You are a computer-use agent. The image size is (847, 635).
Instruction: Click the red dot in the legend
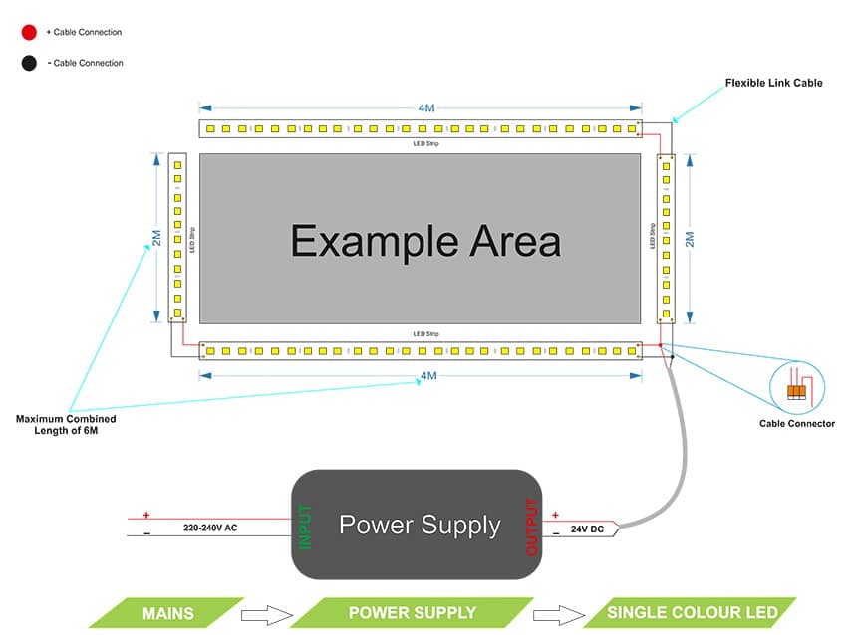coord(29,32)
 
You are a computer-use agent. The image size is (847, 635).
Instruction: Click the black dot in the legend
coord(29,63)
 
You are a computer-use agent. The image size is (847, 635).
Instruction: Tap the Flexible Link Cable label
coord(773,83)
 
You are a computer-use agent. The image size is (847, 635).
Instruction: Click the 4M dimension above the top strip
coord(426,107)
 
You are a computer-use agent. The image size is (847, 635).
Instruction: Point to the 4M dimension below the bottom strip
coord(426,376)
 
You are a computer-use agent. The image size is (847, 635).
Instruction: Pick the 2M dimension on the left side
coord(156,238)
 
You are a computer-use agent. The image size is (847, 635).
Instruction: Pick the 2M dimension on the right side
coord(689,239)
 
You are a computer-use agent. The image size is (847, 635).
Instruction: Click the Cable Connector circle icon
coord(797,384)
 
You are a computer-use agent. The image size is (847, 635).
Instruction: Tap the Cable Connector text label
coord(797,424)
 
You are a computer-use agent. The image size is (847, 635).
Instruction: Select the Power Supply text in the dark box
coord(420,525)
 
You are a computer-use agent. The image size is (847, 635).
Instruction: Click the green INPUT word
coord(306,527)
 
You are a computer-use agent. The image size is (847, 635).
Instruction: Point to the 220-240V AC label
coord(209,528)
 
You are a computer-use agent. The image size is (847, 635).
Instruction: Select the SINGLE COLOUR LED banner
coord(688,612)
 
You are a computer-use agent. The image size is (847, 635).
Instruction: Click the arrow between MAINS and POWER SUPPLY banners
coord(266,612)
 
